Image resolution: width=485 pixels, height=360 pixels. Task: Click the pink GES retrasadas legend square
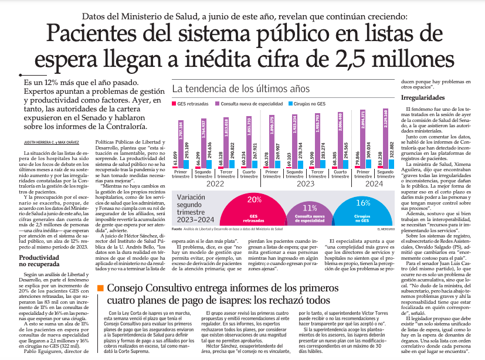tap(174, 104)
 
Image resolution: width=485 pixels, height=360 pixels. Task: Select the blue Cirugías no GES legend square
tap(290, 104)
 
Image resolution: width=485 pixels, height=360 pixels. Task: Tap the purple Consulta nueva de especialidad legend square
tap(217, 104)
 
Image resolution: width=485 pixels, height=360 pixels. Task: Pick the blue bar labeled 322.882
tap(392, 164)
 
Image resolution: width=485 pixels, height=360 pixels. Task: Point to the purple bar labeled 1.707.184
tap(181, 144)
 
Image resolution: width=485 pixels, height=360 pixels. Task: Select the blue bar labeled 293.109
tap(186, 164)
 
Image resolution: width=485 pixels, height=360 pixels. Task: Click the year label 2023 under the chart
tap(306, 184)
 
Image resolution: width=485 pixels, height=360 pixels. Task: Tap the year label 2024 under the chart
tap(374, 184)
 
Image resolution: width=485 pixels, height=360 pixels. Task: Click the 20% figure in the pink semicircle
tap(255, 200)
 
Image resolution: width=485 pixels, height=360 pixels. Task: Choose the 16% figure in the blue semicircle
tap(363, 203)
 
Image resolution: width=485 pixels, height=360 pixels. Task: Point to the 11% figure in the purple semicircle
tap(310, 208)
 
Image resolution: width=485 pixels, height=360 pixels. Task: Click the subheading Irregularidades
tap(423, 98)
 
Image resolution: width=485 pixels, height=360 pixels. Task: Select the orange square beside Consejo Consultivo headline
tap(100, 288)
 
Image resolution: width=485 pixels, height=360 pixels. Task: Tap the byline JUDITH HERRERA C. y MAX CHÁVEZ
tap(52, 142)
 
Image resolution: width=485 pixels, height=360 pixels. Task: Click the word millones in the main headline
tap(413, 59)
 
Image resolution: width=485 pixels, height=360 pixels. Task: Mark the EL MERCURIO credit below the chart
tap(386, 229)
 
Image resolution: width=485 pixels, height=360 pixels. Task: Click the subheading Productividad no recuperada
tap(39, 261)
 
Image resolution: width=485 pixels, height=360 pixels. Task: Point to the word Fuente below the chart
tap(177, 229)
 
